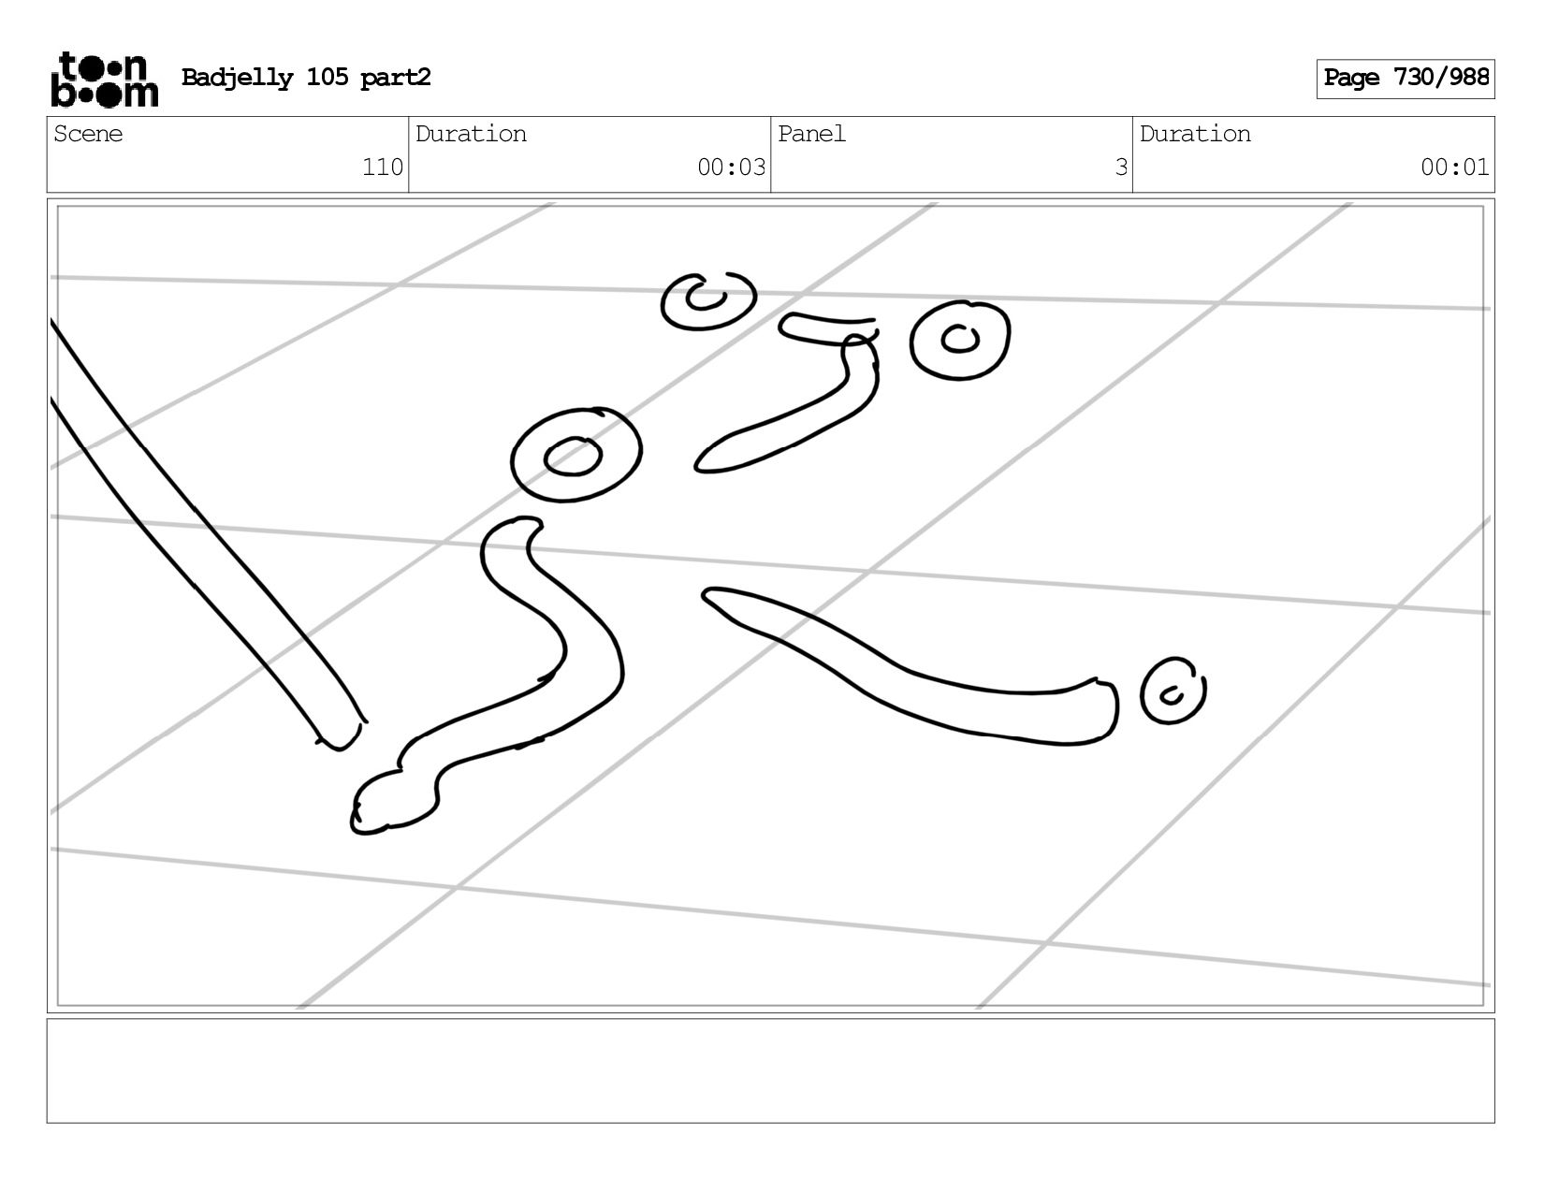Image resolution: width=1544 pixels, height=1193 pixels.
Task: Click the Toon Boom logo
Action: [x=105, y=79]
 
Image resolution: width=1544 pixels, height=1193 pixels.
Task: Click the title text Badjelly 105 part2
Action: [x=306, y=78]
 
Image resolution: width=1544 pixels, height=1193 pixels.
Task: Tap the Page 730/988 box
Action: [x=1405, y=79]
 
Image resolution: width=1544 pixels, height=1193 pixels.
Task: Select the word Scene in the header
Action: [x=88, y=134]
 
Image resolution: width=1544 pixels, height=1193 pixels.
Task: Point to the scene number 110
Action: [x=383, y=167]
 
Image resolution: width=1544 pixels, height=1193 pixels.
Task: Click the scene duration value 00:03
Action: [x=731, y=167]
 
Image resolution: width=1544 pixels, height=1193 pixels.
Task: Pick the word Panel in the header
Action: [x=811, y=134]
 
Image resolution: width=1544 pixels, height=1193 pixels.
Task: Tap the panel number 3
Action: [x=1120, y=167]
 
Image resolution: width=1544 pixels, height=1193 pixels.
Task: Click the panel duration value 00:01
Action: [x=1454, y=167]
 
